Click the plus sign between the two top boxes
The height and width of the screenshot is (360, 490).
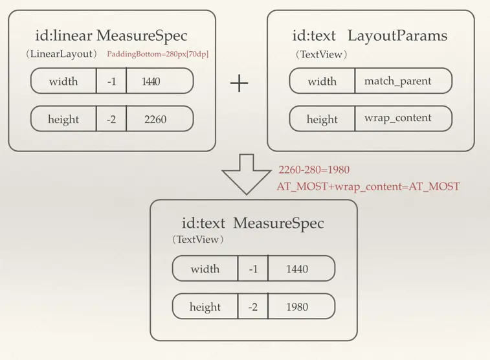(x=239, y=83)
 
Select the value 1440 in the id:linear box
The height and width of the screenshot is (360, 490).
(x=150, y=82)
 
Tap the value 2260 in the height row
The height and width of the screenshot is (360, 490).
(x=155, y=119)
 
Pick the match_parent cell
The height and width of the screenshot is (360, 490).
(x=397, y=82)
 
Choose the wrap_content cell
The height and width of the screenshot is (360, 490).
(x=398, y=119)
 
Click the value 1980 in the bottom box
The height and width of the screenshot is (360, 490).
(x=297, y=307)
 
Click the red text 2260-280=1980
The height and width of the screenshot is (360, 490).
(x=314, y=170)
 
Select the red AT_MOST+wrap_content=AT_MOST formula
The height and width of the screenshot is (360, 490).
(x=368, y=186)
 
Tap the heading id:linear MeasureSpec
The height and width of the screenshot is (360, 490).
(x=111, y=36)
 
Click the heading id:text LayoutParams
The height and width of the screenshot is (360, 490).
(x=370, y=36)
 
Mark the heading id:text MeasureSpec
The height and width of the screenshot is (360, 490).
(x=252, y=224)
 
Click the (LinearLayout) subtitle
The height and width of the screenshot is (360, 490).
(x=61, y=54)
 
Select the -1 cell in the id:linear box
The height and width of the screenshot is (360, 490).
(x=111, y=82)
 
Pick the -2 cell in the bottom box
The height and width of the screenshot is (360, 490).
(x=252, y=307)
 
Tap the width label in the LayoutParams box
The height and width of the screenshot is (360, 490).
(x=322, y=82)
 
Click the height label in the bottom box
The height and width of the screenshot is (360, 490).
(x=205, y=307)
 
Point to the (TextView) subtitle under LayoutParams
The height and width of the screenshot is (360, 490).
(x=321, y=54)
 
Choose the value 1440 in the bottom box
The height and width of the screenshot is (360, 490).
(x=297, y=269)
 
